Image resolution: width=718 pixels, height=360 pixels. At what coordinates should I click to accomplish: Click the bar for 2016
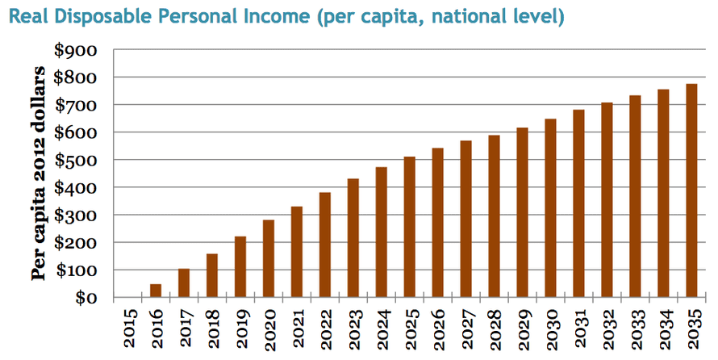156,291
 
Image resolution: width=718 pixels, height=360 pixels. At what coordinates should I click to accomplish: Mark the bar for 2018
212,275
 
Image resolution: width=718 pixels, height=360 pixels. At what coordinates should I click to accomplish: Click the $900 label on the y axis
75,50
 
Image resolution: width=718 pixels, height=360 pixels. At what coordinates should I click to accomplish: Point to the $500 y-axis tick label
75,160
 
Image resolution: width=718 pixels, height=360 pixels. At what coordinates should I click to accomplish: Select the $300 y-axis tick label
75,216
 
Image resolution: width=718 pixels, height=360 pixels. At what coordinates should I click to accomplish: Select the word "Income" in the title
285,15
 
